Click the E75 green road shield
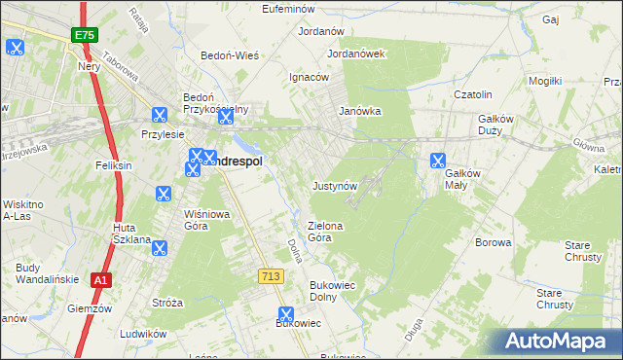pyautogui.click(x=83, y=36)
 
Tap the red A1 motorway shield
pyautogui.click(x=99, y=280)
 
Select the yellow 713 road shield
pyautogui.click(x=272, y=277)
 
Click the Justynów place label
pyautogui.click(x=336, y=185)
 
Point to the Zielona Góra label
pyautogui.click(x=326, y=231)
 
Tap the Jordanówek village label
pyautogui.click(x=357, y=54)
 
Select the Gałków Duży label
pyautogui.click(x=502, y=125)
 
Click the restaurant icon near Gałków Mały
pyautogui.click(x=438, y=162)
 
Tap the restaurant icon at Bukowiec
pyautogui.click(x=285, y=314)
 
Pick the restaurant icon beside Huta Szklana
pyautogui.click(x=160, y=248)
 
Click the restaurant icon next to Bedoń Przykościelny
pyautogui.click(x=226, y=118)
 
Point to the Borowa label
pyautogui.click(x=493, y=242)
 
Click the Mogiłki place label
pyautogui.click(x=545, y=81)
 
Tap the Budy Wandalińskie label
pyautogui.click(x=40, y=273)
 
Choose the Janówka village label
pyautogui.click(x=359, y=111)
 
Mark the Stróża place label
pyautogui.click(x=167, y=303)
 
